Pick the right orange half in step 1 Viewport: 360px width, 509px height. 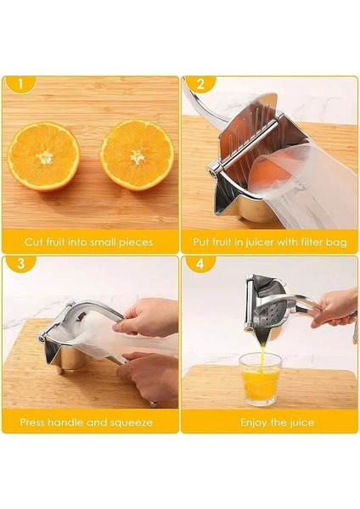tap(137, 155)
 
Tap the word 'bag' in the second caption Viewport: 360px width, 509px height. tap(337, 242)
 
